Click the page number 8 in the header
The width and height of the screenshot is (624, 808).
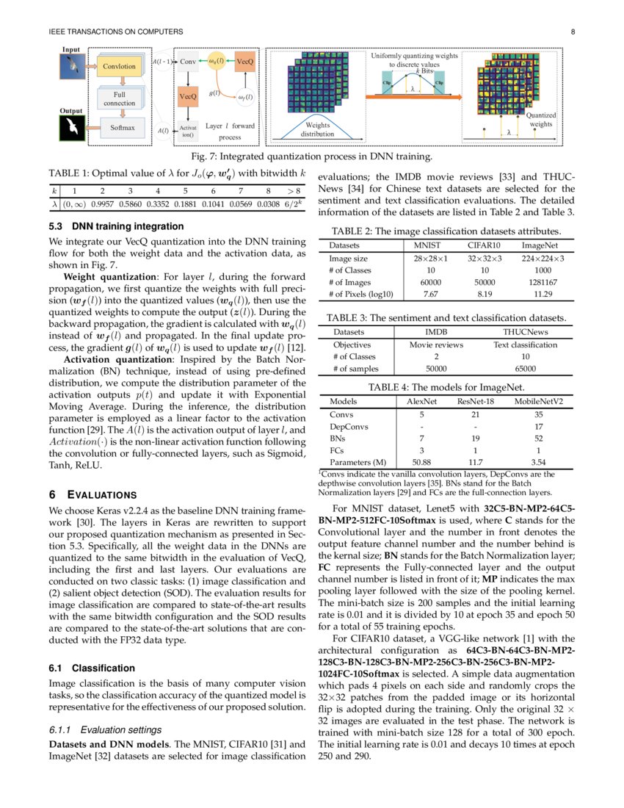pos(571,32)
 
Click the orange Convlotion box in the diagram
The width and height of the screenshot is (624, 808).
pos(119,67)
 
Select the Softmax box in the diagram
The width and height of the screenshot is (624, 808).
pos(123,128)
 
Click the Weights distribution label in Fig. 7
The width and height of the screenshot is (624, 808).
pos(317,130)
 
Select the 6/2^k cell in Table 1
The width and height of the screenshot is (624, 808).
pos(294,205)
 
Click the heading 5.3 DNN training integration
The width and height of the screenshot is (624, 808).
pos(116,226)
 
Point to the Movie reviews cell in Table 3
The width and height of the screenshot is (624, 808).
pos(436,345)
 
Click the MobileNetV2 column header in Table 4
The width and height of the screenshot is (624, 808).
pos(539,402)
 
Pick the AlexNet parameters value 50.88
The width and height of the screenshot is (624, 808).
pos(421,462)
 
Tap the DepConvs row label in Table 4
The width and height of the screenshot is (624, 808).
pos(349,426)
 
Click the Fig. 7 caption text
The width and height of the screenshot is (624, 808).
pos(311,156)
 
